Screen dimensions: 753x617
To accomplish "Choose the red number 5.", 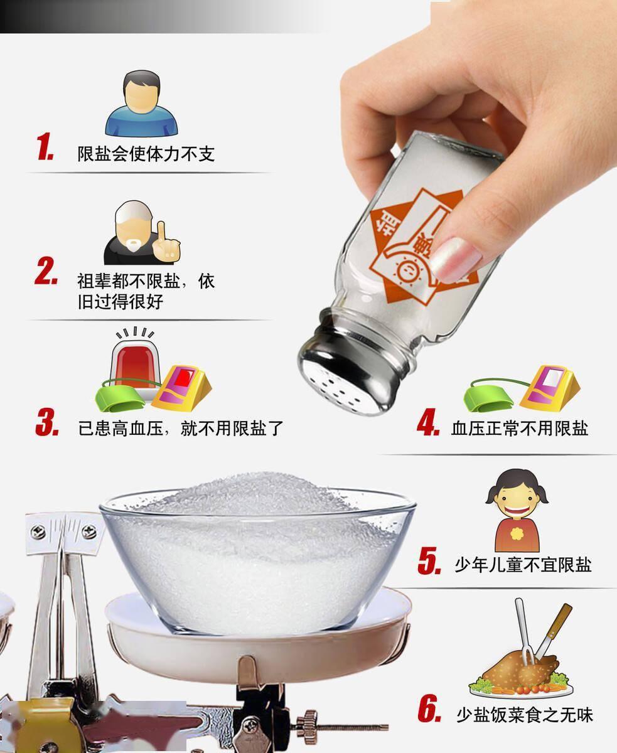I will [x=430, y=560].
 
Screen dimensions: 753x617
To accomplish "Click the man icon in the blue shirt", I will [x=141, y=104].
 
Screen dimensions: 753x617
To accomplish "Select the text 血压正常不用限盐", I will [x=519, y=428].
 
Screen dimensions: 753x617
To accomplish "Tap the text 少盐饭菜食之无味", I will [x=524, y=714].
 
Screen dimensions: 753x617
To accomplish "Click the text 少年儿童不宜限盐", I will [x=522, y=564].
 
